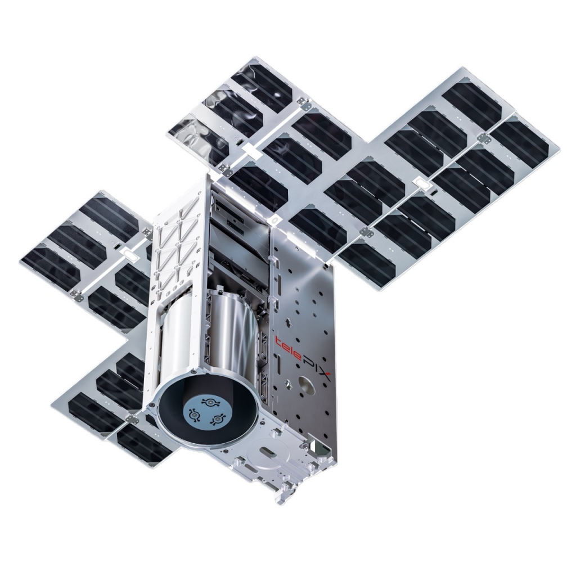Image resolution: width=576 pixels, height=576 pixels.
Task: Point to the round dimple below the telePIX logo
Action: click(x=307, y=386)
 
